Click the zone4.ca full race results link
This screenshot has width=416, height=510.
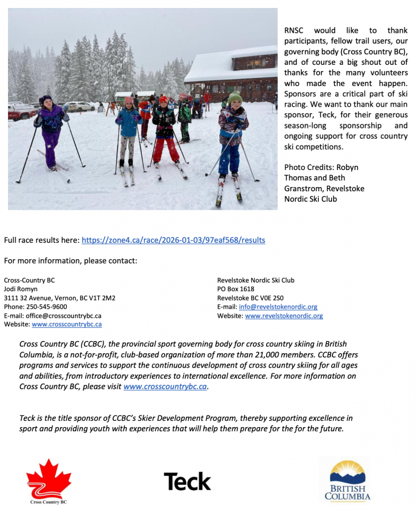173,240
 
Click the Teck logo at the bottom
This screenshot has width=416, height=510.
187,481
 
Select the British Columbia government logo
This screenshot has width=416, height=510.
347,481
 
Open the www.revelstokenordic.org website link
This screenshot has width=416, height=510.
284,316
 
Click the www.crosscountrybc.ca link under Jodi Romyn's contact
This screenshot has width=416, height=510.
67,325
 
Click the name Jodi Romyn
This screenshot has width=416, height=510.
21,289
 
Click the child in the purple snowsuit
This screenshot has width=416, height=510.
50,133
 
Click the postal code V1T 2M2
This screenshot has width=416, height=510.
102,298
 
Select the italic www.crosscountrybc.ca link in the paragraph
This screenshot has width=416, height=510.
165,387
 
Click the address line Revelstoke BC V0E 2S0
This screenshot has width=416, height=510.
250,298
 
